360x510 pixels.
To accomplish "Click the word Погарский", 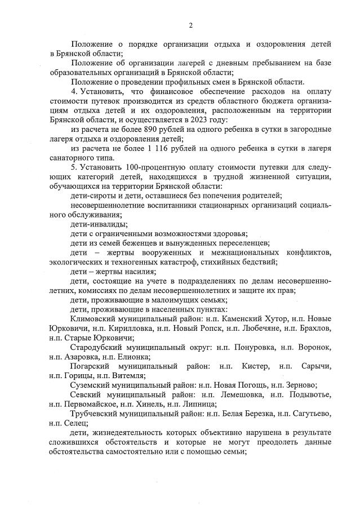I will pos(93,366).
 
